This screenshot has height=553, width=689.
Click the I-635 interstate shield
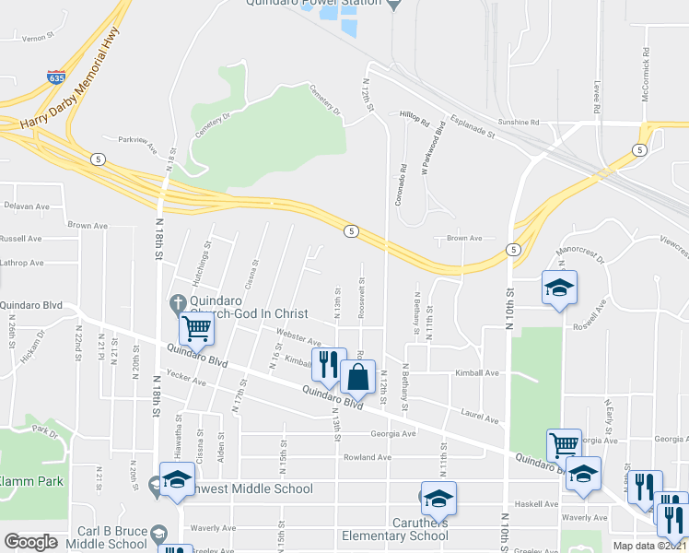coord(57,77)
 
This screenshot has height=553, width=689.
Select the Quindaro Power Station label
coord(313,4)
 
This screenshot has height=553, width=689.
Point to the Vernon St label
coord(34,38)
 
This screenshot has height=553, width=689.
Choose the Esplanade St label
coord(473,127)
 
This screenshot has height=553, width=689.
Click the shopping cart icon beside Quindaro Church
coord(196,327)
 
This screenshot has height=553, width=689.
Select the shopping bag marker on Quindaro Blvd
coord(357,377)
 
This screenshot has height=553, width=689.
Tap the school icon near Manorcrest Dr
coord(559,289)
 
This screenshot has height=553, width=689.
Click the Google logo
coord(30,542)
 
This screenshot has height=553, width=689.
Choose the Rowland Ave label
coord(368,456)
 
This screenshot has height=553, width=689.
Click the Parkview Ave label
coord(137,146)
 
